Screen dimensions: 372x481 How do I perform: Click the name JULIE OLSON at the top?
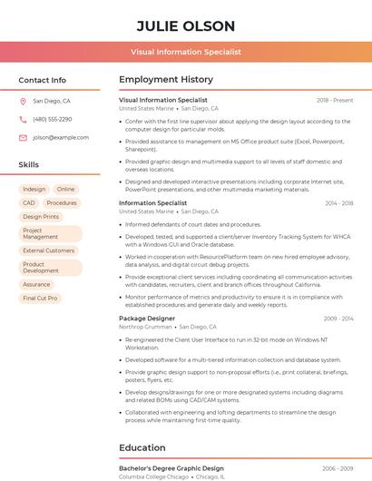coord(185,25)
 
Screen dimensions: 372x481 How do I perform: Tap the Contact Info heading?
coord(42,80)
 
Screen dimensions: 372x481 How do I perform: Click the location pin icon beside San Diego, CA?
coord(23,102)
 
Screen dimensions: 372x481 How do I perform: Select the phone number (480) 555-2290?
coord(52,120)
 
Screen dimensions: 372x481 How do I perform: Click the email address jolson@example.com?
coord(54,137)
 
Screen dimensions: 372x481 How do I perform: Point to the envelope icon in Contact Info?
coord(23,137)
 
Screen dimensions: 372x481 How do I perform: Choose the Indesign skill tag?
coord(34,190)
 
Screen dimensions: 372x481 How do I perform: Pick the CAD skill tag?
coord(29,203)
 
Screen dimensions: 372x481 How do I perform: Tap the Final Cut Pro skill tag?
coord(40,298)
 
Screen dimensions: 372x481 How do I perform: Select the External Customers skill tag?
coord(49,250)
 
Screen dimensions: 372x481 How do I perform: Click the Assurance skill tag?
coord(36,284)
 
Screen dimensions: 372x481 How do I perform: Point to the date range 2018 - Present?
coord(335,100)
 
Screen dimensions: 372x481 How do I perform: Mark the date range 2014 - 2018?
coord(338,203)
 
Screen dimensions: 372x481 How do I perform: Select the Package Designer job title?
coord(147,319)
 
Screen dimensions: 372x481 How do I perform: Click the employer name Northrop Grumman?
coord(145,327)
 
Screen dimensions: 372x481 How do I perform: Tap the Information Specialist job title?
coord(152,203)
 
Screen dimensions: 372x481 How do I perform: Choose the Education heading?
coord(142,447)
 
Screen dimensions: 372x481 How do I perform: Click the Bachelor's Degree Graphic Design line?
coord(171,468)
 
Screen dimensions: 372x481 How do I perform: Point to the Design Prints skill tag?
coord(41,217)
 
